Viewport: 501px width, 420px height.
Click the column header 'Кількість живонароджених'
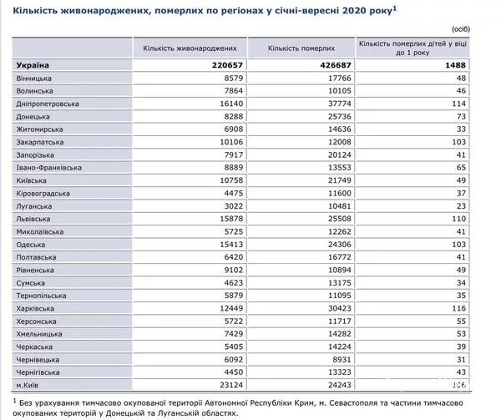tap(195, 48)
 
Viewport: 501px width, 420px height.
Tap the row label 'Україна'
tap(33, 64)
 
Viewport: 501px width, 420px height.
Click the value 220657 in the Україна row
tap(231, 64)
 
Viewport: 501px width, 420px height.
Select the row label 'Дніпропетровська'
tap(47, 104)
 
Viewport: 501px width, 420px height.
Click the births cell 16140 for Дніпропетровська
tap(233, 104)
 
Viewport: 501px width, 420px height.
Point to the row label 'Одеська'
tap(32, 245)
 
